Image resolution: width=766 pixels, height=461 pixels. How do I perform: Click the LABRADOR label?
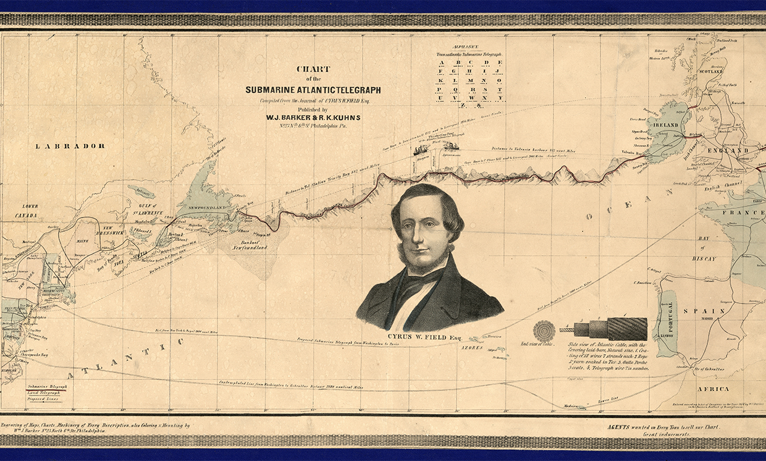tap(70, 146)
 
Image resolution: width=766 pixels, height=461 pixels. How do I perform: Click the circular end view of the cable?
tap(544, 330)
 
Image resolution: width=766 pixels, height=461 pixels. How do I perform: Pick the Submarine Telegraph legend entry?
tap(46, 386)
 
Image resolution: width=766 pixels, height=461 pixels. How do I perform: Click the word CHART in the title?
tap(313, 69)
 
